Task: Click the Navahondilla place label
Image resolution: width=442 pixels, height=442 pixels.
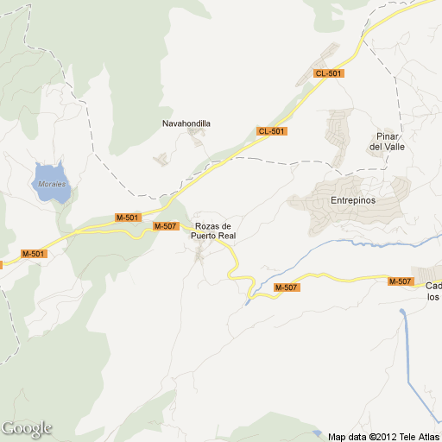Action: pos(186,123)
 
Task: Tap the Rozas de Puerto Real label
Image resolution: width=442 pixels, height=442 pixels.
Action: pos(214,230)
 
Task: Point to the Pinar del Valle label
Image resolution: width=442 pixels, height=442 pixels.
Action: pos(388,142)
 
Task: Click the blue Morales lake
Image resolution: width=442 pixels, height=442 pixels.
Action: pos(50,182)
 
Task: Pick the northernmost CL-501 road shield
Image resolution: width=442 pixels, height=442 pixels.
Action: pos(329,73)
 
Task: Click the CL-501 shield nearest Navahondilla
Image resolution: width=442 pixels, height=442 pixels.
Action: pos(271,131)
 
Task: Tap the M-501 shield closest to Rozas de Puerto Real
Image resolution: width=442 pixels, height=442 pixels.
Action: pos(128,218)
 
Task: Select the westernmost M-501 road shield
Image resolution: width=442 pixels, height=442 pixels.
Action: pos(33,254)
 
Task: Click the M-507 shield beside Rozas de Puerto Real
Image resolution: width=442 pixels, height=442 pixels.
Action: pos(165,226)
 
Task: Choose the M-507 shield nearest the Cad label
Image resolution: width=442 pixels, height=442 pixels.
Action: pos(400,281)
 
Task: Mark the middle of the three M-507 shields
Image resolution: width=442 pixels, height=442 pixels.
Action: pos(287,287)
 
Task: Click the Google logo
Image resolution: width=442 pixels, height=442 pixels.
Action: pos(26,429)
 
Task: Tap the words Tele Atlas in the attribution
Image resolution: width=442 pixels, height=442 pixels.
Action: pos(420,436)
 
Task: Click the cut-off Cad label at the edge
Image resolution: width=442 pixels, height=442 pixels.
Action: pos(433,286)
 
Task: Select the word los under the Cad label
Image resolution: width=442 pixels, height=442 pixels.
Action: pos(433,297)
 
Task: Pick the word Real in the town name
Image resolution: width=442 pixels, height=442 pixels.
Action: pos(227,236)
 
